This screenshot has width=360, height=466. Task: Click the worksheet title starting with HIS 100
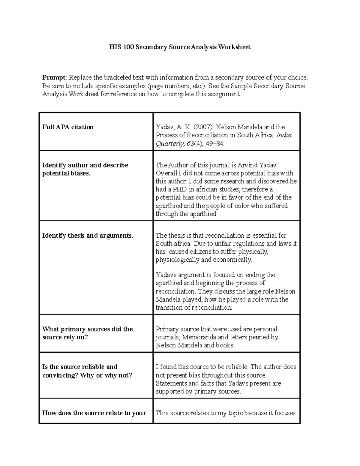[x=180, y=47]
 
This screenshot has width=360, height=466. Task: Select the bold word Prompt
[x=53, y=78]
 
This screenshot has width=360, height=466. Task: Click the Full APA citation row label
[x=68, y=127]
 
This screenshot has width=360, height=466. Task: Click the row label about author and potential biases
[x=85, y=169]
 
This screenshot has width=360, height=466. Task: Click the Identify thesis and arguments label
[x=88, y=236]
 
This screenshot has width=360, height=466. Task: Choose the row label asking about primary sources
[x=87, y=333]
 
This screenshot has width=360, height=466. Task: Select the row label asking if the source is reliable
[x=87, y=371]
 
